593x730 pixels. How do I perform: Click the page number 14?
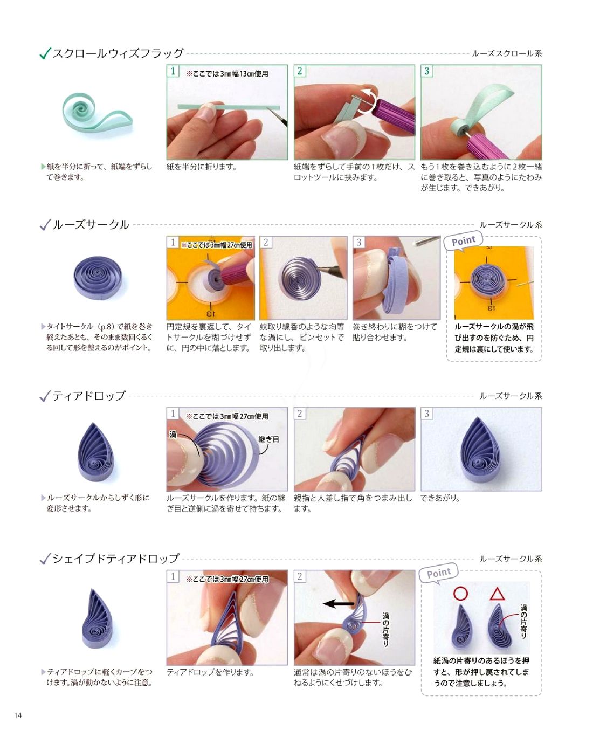click(18, 715)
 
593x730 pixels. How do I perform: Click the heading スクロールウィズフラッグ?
click(118, 53)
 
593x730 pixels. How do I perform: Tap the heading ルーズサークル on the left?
click(91, 224)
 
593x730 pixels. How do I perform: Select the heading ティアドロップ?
click(89, 396)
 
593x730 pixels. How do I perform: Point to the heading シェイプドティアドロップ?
click(116, 559)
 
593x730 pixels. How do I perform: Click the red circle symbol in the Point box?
click(460, 594)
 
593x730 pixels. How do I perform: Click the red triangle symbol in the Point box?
click(497, 594)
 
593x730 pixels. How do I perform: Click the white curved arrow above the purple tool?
click(368, 100)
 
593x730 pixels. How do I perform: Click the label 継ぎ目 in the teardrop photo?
click(268, 439)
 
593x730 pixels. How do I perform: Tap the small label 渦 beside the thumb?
click(173, 434)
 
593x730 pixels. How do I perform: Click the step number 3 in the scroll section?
click(426, 71)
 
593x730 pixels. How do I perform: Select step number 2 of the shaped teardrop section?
click(300, 576)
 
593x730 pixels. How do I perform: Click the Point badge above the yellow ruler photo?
click(463, 241)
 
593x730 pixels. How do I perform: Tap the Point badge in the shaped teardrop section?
click(438, 573)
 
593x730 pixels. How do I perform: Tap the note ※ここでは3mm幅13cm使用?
click(227, 74)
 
